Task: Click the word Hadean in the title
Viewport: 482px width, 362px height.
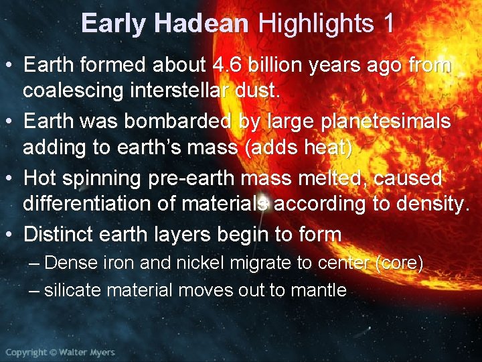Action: pyautogui.click(x=201, y=24)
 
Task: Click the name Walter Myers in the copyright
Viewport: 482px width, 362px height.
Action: pyautogui.click(x=86, y=352)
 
